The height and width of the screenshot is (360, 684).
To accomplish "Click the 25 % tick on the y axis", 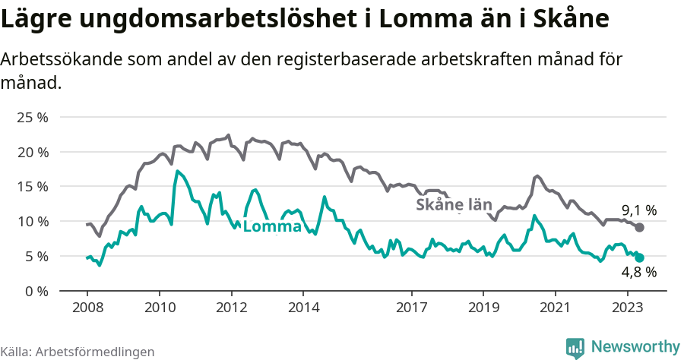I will tap(32, 118).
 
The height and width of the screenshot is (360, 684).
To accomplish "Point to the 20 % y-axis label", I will tap(32, 152).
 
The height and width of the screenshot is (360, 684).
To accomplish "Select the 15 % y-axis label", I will tap(32, 187).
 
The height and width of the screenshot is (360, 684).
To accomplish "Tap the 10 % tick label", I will tap(32, 222).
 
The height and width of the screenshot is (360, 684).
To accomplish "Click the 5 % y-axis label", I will tap(36, 256).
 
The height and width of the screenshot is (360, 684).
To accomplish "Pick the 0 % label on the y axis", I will tap(36, 291).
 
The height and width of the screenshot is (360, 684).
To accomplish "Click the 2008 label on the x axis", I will tap(87, 308).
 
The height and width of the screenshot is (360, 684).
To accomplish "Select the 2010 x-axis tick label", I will tap(159, 308).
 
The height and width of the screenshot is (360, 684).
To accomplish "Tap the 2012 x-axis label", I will tap(231, 308).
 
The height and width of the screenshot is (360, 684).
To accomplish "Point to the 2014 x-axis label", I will tap(302, 308).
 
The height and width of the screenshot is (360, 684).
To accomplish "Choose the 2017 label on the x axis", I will tap(411, 308).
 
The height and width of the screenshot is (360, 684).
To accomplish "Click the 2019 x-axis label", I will tap(483, 308).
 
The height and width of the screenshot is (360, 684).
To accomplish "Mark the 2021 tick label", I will tap(555, 308).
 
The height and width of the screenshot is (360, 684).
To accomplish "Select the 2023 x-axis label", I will tap(627, 308).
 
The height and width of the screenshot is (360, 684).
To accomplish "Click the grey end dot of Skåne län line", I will tap(640, 228).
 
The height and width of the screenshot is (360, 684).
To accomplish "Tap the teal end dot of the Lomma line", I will tap(640, 258).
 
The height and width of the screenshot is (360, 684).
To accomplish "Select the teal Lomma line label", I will tap(272, 226).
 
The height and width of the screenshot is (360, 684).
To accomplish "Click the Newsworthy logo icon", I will tap(575, 347).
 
